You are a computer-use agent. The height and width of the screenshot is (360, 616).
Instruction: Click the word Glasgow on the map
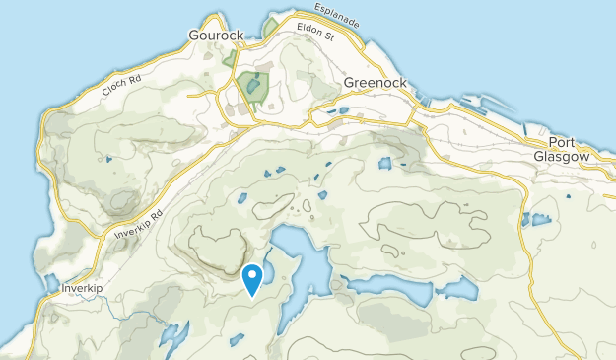[561, 156]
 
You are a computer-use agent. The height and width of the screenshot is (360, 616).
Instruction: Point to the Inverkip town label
[82, 288]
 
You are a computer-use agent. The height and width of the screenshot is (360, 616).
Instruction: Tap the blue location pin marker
[252, 279]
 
